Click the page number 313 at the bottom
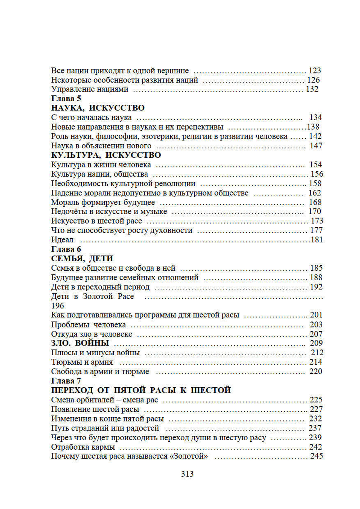pyautogui.click(x=187, y=474)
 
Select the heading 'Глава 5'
pyautogui.click(x=66, y=98)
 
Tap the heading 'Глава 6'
pyautogui.click(x=66, y=249)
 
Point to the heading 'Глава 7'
pyautogui.click(x=66, y=380)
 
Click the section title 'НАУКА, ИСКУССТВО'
pyautogui.click(x=98, y=108)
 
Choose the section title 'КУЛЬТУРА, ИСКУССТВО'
pyautogui.click(x=106, y=155)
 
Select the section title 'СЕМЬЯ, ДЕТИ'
pyautogui.click(x=82, y=258)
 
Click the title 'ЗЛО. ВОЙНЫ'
pyautogui.click(x=80, y=343)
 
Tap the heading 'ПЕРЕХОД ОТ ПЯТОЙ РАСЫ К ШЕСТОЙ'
pyautogui.click(x=141, y=390)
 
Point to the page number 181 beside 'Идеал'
pyautogui.click(x=317, y=240)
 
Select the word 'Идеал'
pyautogui.click(x=62, y=240)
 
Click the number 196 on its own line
pyautogui.click(x=58, y=306)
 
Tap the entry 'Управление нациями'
pyautogui.click(x=90, y=89)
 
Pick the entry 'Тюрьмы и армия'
pyautogui.click(x=82, y=362)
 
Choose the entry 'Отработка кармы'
pyautogui.click(x=83, y=447)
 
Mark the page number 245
pyautogui.click(x=316, y=456)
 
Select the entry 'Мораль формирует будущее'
pyautogui.click(x=103, y=202)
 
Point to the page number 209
pyautogui.click(x=316, y=343)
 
